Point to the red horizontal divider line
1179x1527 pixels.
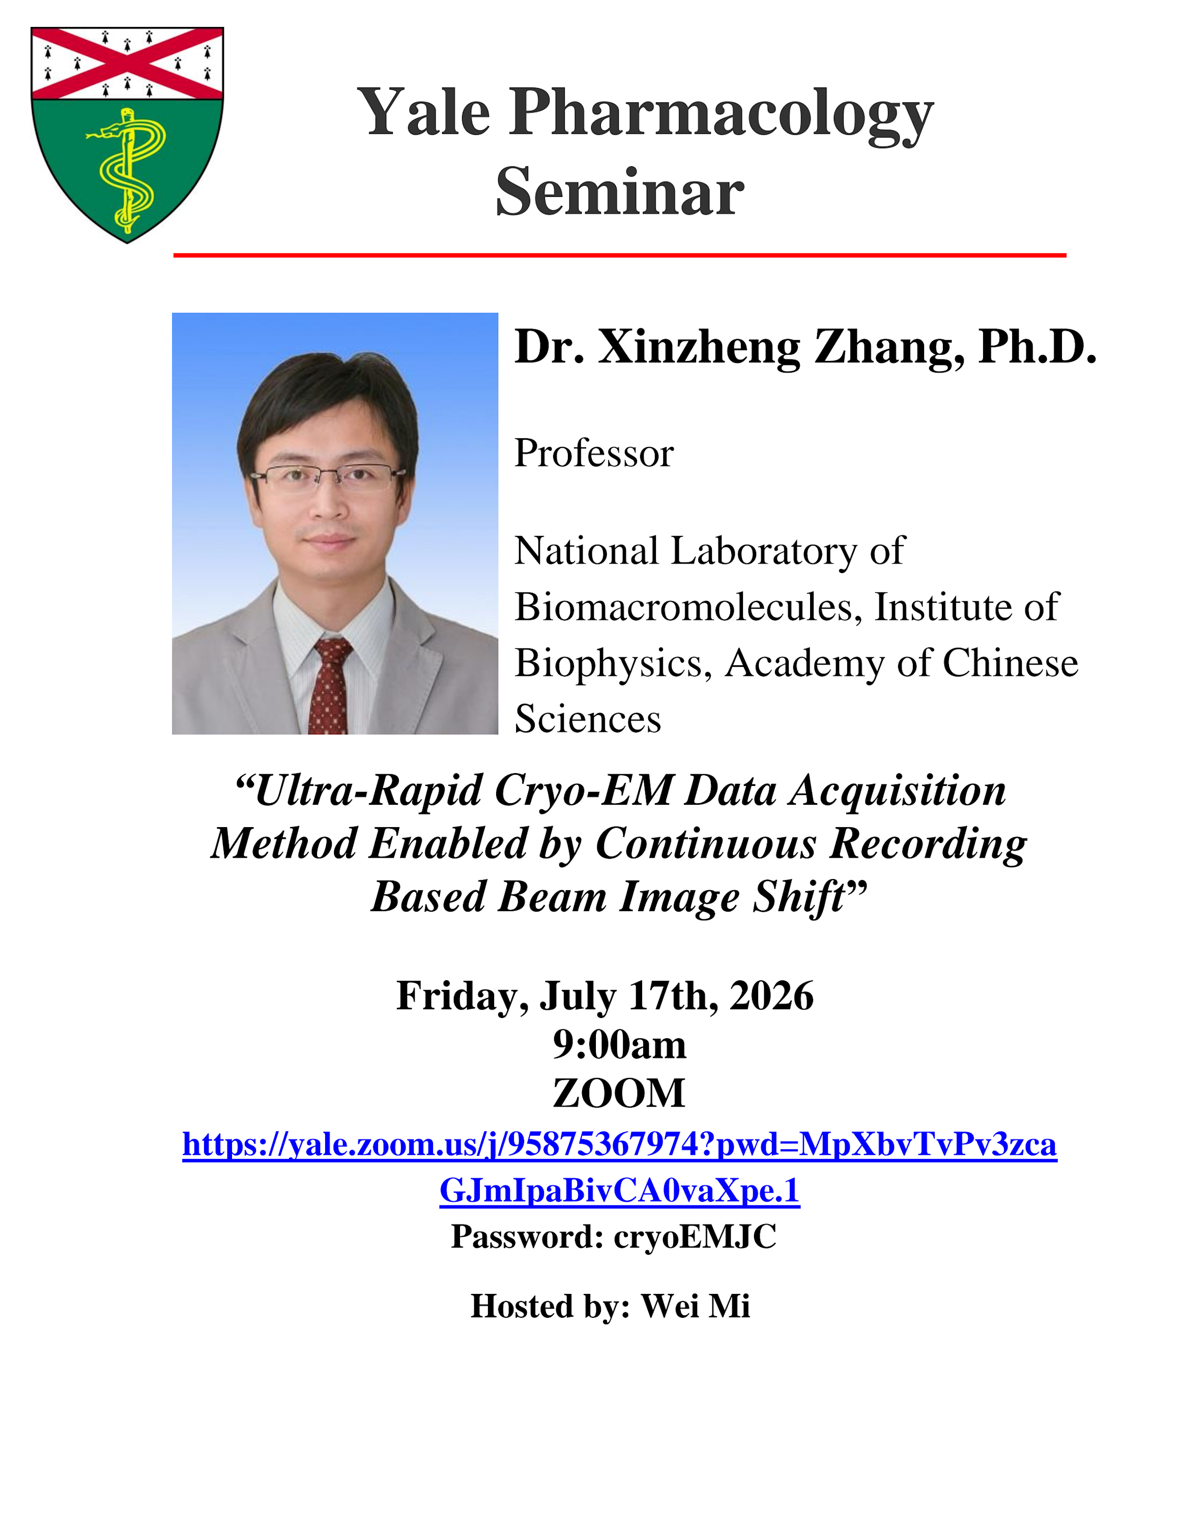point(619,255)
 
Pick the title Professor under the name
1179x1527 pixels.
point(594,453)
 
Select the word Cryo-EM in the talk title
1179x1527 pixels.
point(584,791)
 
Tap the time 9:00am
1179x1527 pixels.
point(619,1044)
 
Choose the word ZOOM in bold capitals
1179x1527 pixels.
point(619,1093)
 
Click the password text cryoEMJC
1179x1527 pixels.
point(695,1237)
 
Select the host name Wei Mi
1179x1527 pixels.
point(696,1306)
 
